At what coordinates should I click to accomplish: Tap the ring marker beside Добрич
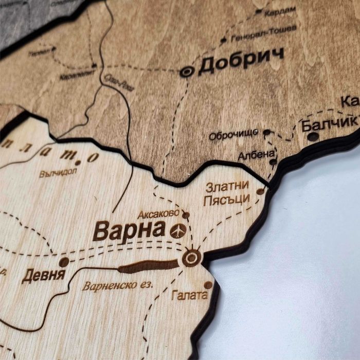(x=187, y=72)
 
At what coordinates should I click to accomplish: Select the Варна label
(x=129, y=231)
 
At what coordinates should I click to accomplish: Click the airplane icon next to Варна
(x=177, y=231)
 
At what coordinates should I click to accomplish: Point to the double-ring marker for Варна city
(x=192, y=258)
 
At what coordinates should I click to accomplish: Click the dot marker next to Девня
(x=64, y=262)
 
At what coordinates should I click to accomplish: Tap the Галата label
(x=190, y=295)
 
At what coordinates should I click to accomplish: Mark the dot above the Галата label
(x=208, y=284)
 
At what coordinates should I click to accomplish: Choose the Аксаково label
(x=158, y=213)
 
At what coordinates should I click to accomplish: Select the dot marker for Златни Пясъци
(x=261, y=191)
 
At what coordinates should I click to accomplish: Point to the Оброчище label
(x=233, y=135)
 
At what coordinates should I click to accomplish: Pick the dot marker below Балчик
(x=313, y=136)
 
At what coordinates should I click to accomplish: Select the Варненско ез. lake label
(x=117, y=285)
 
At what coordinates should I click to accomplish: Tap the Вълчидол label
(x=58, y=173)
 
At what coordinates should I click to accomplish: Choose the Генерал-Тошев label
(x=264, y=33)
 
